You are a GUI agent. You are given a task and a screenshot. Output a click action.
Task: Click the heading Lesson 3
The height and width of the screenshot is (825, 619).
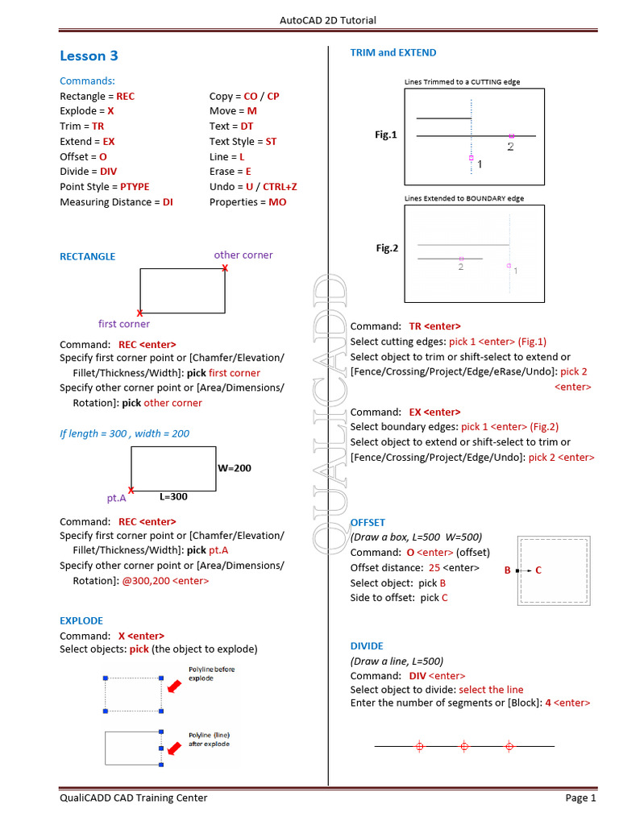(x=89, y=56)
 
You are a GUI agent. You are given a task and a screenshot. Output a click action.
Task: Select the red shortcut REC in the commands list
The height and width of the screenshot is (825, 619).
(x=125, y=96)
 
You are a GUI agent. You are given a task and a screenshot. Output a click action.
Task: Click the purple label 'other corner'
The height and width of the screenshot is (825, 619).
(x=243, y=255)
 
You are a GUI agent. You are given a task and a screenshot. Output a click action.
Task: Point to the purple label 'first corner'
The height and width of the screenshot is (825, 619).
(x=124, y=324)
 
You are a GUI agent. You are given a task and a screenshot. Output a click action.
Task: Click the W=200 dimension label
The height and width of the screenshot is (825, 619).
(x=235, y=468)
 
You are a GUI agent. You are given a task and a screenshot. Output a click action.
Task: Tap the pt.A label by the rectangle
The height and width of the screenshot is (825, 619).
(x=116, y=498)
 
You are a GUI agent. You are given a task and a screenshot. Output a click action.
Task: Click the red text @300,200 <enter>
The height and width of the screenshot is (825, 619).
(x=165, y=580)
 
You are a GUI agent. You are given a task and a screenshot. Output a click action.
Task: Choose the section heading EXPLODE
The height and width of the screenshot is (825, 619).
(x=81, y=620)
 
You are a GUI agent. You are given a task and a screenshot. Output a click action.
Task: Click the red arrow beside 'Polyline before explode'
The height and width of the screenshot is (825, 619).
(x=174, y=686)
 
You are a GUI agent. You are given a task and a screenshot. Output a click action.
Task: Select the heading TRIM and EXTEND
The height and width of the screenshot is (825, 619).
(x=393, y=52)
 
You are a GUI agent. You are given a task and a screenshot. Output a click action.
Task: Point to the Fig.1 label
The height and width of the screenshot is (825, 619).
(x=386, y=135)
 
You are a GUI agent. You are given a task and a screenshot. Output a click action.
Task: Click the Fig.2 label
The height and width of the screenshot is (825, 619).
(x=387, y=248)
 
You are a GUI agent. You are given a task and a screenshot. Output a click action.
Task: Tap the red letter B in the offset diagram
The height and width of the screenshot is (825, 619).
(x=508, y=570)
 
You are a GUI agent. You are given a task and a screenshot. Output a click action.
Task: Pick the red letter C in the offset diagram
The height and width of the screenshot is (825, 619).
(x=538, y=570)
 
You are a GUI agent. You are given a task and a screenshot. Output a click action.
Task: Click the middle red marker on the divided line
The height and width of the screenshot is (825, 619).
(x=463, y=747)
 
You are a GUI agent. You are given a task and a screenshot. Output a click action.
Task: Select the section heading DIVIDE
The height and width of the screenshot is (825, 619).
(x=367, y=646)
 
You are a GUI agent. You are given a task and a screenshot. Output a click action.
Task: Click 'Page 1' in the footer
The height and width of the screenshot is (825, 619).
(x=580, y=798)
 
